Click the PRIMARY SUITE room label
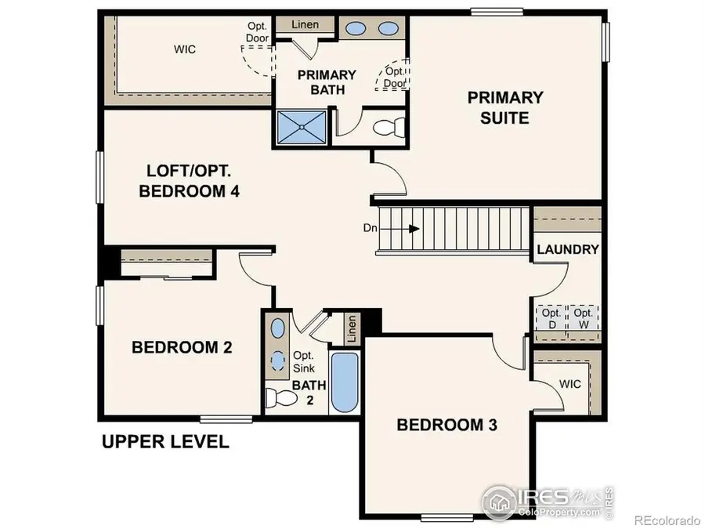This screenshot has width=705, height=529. tap(505, 108)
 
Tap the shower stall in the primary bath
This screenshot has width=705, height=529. tap(301, 128)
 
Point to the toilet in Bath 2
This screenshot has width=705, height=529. tap(277, 398)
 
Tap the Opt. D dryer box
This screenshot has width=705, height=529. tap(547, 318)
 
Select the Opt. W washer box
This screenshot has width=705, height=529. tap(582, 318)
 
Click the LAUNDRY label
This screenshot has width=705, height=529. tap(568, 250)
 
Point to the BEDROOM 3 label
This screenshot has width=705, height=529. tap(447, 426)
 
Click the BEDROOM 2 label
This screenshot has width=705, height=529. tap(182, 347)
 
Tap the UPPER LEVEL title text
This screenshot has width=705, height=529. tap(165, 442)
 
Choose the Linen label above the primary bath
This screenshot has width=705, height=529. tap(305, 24)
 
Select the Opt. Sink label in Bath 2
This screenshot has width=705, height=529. tap(303, 361)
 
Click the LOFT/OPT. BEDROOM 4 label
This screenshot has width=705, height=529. tap(188, 181)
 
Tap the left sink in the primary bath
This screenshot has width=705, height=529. tap(356, 29)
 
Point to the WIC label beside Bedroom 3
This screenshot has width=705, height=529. tap(569, 385)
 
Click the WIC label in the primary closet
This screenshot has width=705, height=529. tap(185, 49)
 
